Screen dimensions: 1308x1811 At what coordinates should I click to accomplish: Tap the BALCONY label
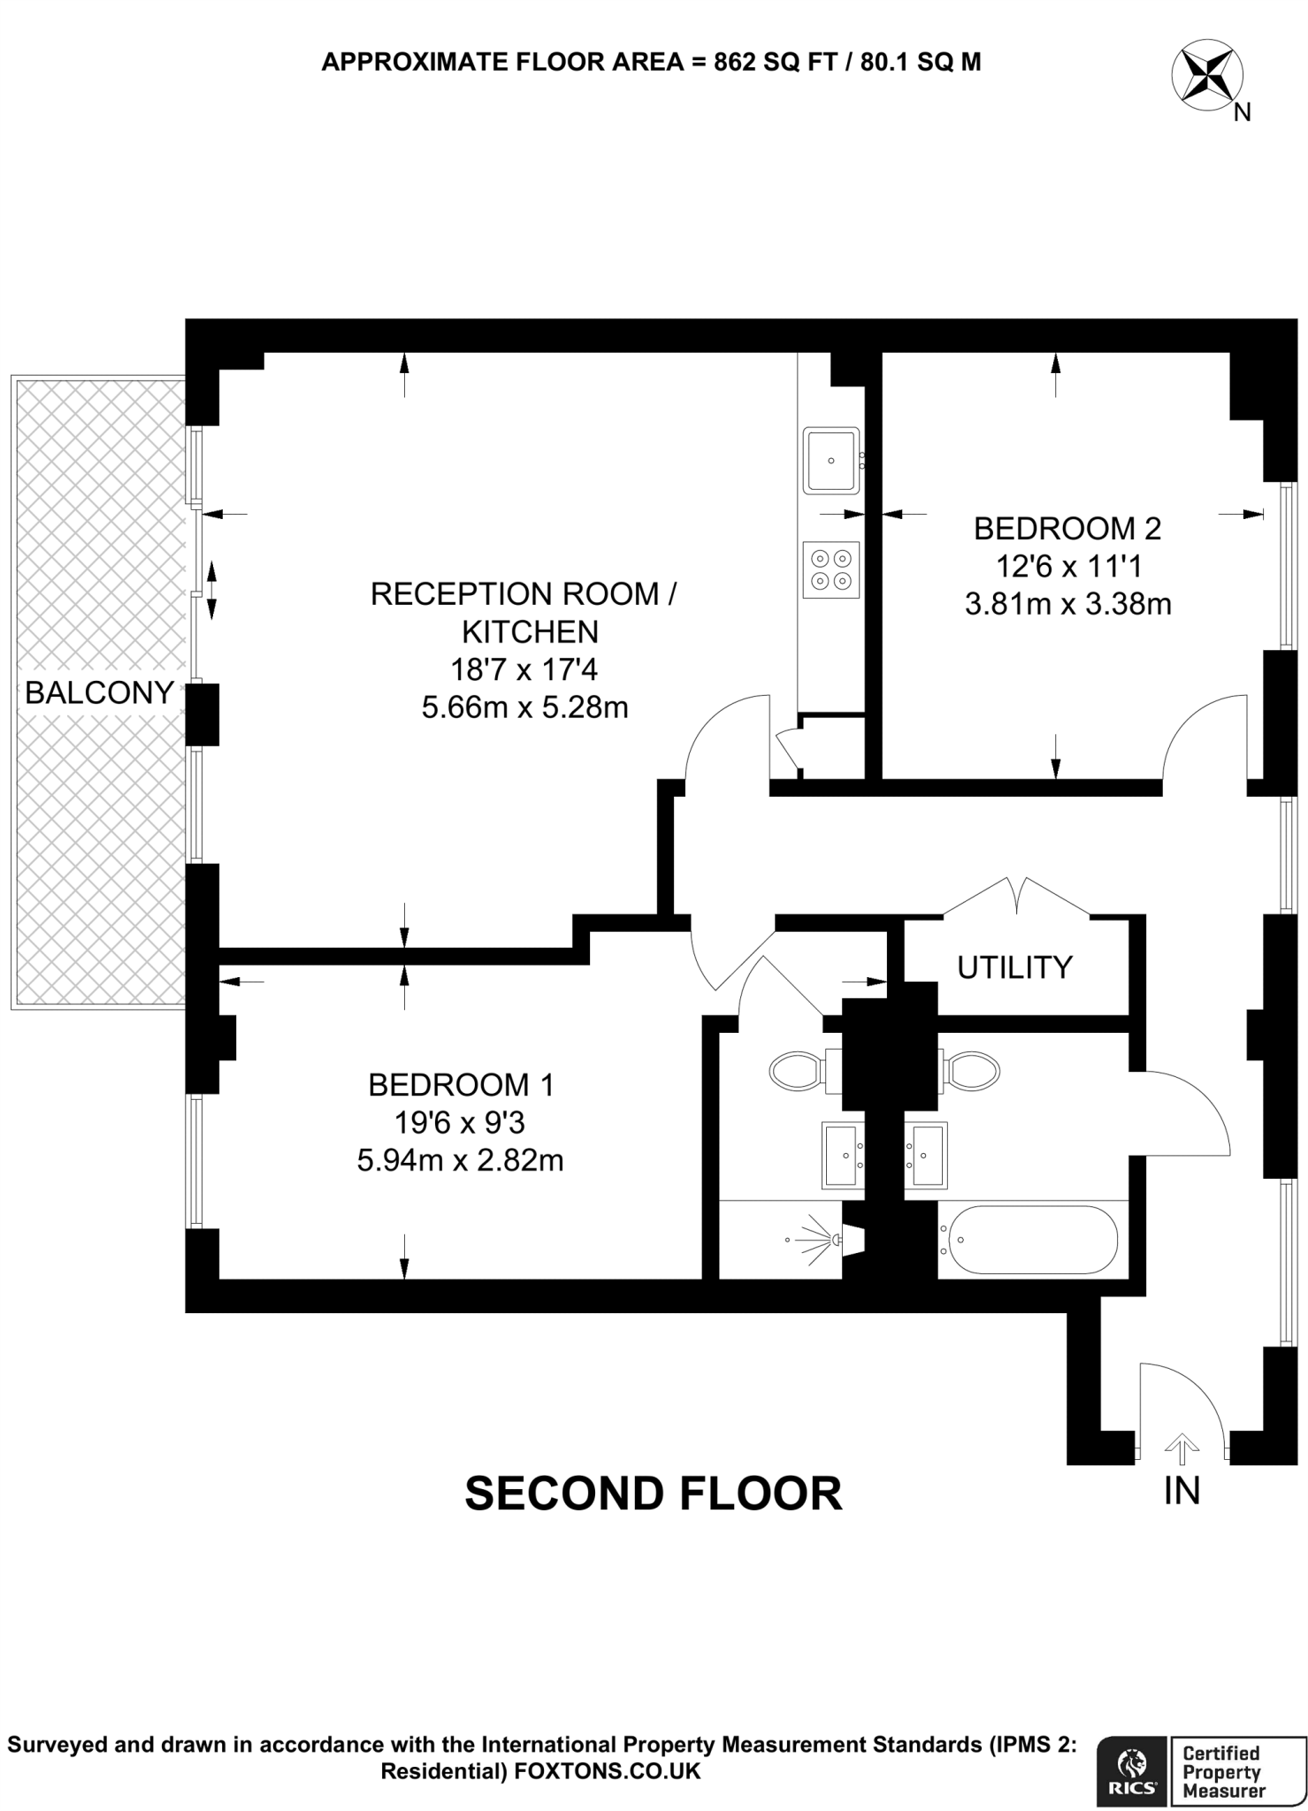point(99,693)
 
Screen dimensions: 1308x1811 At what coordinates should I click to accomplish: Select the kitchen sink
point(831,460)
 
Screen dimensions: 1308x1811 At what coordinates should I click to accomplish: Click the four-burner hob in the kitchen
point(831,569)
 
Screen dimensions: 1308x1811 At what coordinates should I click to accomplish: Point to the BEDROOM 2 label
point(1067,529)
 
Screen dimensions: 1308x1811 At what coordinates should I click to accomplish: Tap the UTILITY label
point(1014,967)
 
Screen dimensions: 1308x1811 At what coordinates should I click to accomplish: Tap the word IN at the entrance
point(1182,1492)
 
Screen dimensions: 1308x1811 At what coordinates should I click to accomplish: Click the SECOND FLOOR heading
point(654,1494)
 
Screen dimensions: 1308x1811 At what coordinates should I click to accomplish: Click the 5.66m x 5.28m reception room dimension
point(525,708)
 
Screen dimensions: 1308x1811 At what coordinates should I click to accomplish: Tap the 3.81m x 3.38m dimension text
point(1068,605)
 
